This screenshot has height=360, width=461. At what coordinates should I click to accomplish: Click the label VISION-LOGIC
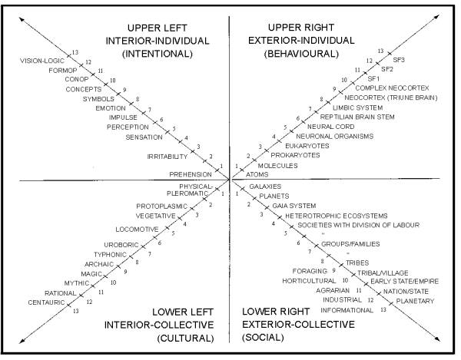[42, 61]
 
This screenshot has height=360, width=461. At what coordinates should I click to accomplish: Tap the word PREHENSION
[191, 174]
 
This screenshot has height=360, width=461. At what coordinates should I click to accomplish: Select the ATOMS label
[257, 174]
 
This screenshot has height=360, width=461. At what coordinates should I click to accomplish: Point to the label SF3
[399, 60]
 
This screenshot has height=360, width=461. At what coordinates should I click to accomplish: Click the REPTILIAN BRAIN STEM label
[357, 117]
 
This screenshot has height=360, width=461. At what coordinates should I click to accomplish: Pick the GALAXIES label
[265, 187]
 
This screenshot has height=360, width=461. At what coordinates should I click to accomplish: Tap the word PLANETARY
[415, 301]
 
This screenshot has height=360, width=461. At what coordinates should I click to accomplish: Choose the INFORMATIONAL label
[347, 310]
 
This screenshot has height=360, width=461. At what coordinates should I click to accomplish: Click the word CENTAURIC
[46, 302]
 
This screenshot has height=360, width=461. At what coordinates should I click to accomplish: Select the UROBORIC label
[121, 245]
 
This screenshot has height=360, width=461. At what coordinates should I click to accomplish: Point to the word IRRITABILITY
[167, 157]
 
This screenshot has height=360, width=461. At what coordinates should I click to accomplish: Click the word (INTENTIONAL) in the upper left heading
[158, 54]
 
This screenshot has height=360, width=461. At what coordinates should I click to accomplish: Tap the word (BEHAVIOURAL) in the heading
[301, 54]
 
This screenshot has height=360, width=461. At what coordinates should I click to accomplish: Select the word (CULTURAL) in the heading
[185, 339]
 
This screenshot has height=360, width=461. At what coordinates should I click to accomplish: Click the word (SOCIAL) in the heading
[263, 338]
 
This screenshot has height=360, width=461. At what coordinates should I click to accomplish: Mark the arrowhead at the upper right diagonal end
[437, 16]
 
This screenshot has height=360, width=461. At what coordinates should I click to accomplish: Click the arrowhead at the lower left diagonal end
[22, 342]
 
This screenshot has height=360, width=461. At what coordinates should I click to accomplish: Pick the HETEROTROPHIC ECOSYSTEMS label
[337, 216]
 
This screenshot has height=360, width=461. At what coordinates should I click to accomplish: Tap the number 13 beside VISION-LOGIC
[75, 52]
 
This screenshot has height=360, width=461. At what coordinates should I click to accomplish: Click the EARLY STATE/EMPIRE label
[405, 281]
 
